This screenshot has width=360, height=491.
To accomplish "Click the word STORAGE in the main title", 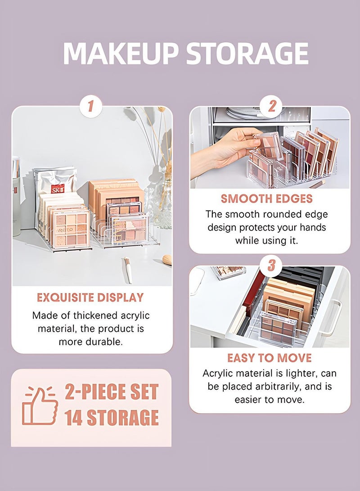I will click(247, 54).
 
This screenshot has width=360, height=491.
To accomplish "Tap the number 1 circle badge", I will click(91, 107).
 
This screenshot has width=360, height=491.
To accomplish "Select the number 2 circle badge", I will click(271, 107).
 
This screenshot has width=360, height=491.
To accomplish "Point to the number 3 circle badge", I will click(271, 266).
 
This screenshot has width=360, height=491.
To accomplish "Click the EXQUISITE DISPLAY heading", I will click(90, 297).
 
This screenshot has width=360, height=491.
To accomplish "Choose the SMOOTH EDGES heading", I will click(266, 198).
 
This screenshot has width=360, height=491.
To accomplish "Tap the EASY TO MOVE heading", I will click(269, 358).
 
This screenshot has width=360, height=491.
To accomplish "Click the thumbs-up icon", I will click(40, 405).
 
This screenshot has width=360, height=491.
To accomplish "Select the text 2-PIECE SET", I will click(112, 392).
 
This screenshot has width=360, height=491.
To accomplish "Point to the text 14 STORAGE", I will click(112, 418).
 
